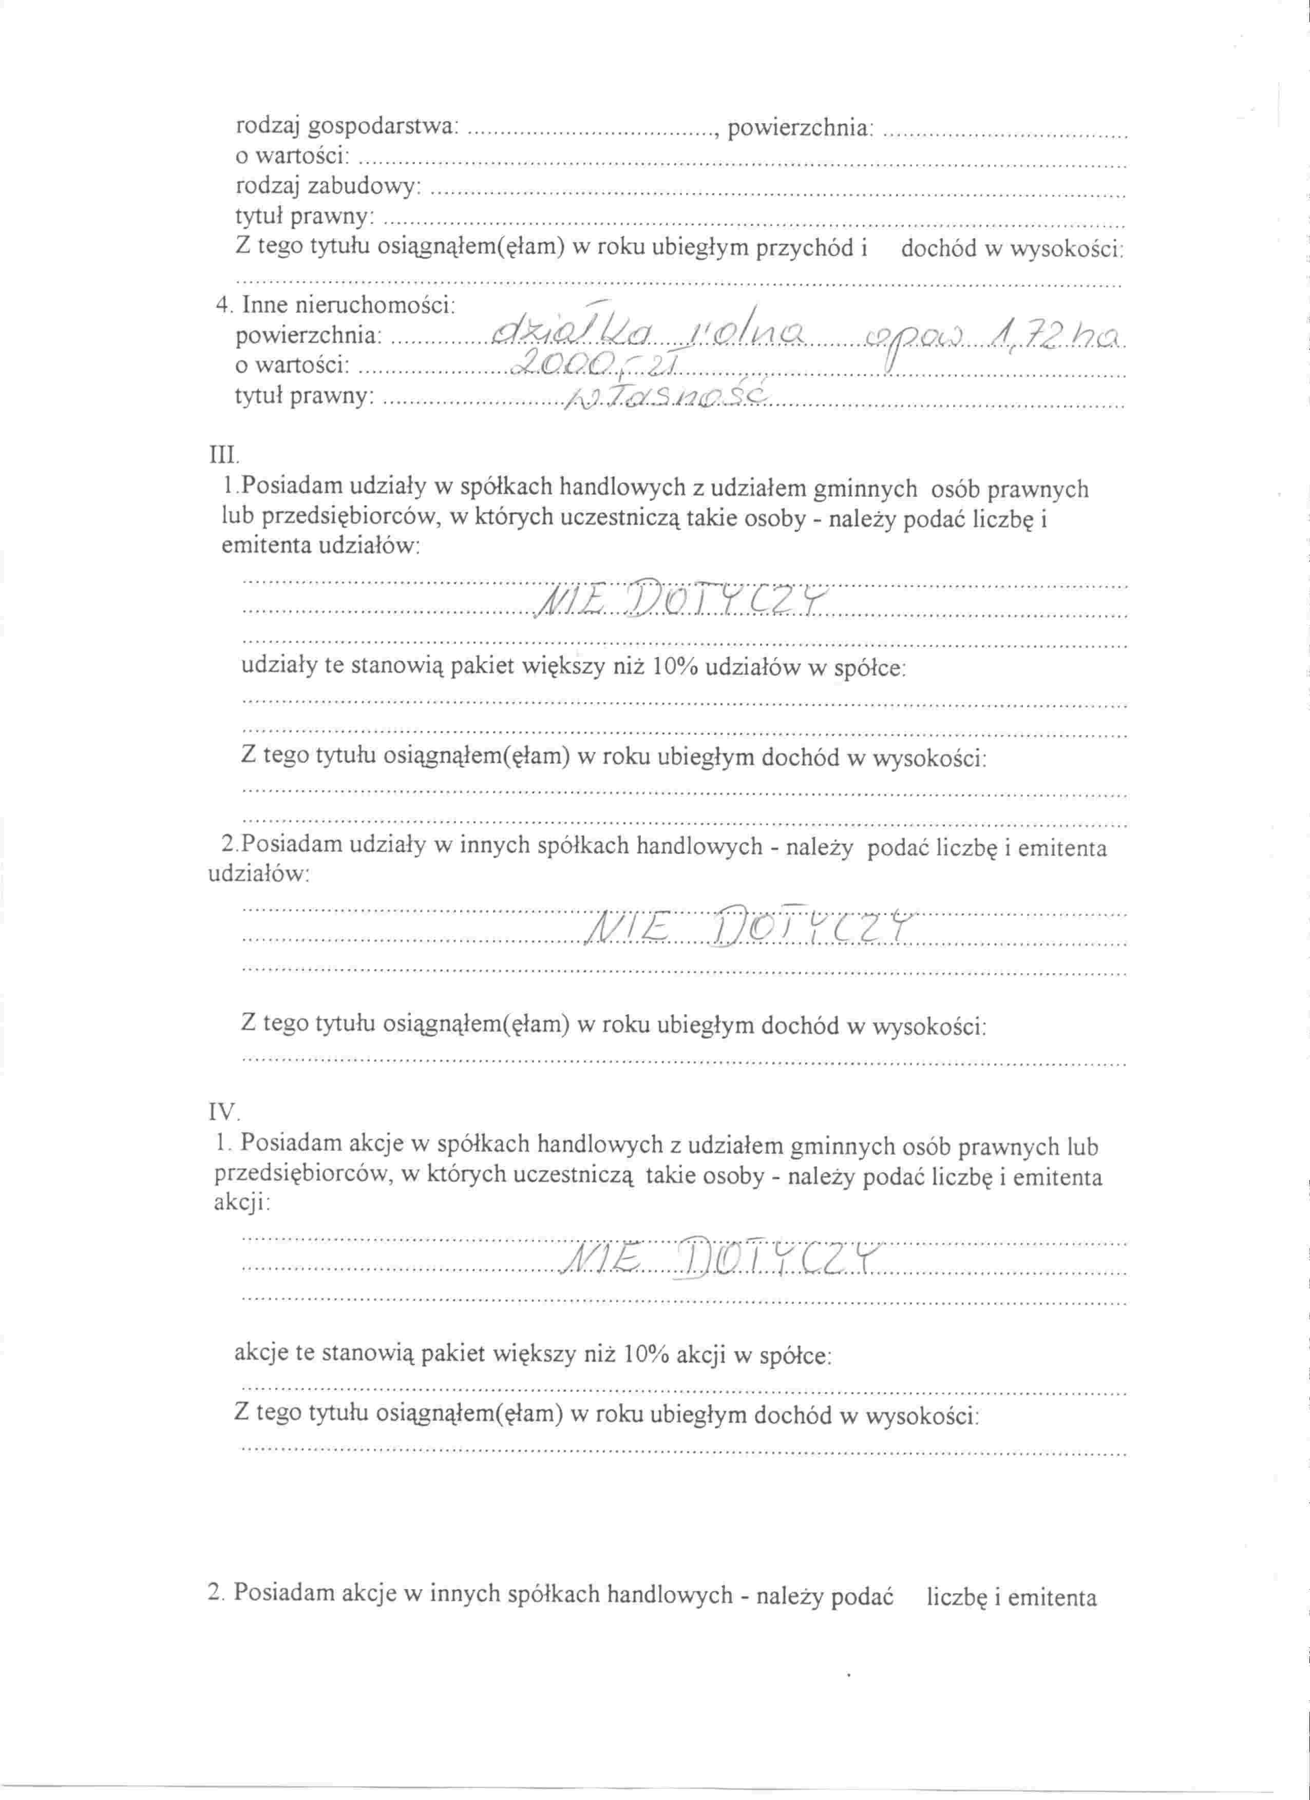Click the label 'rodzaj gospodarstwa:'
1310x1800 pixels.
(347, 126)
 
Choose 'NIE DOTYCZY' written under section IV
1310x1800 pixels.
(723, 1260)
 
